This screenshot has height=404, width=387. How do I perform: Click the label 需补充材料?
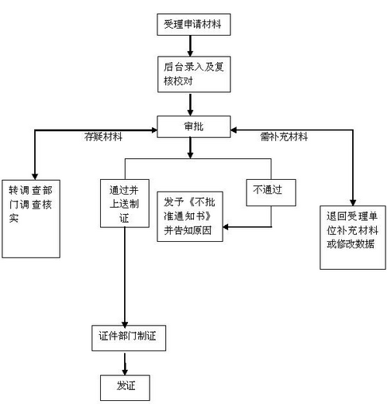284,137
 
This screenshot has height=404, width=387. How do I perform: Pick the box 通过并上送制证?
124,203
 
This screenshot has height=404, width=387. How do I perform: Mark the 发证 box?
123,385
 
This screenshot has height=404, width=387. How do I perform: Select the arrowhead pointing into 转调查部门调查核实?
32,172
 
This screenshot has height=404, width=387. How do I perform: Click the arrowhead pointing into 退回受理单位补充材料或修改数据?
353,200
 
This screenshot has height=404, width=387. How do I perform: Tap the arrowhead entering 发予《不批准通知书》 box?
228,226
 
